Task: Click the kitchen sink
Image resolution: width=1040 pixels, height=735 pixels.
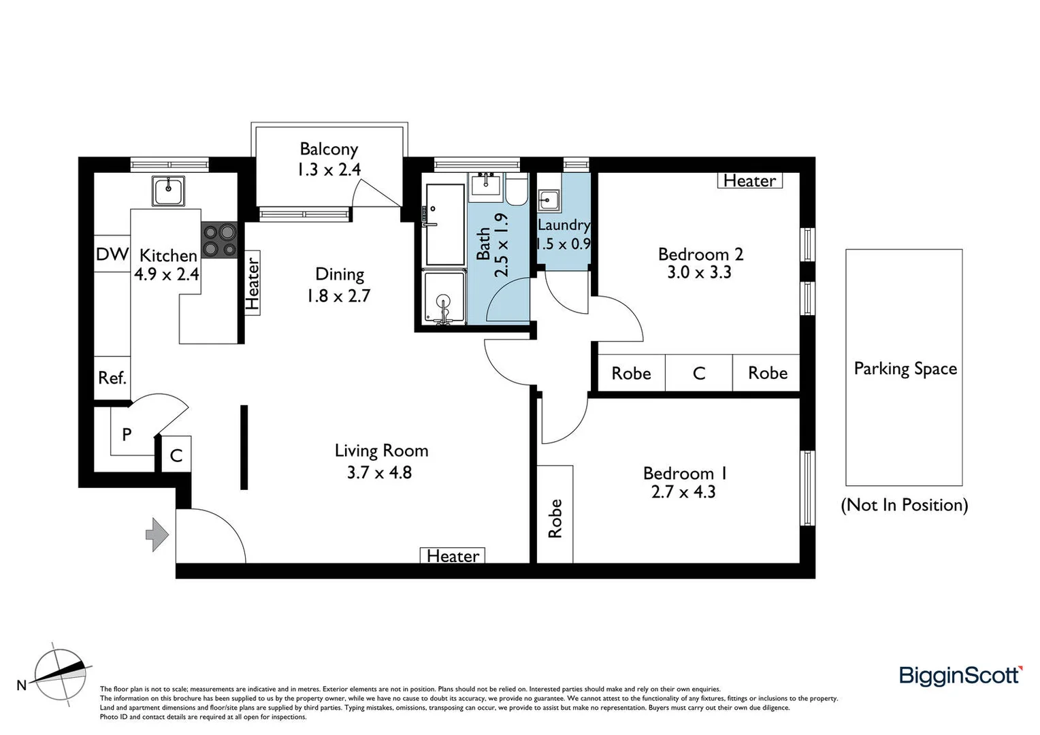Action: (x=168, y=191)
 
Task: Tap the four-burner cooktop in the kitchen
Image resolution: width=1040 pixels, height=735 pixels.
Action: (x=219, y=241)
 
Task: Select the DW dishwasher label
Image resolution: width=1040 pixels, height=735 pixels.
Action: (x=112, y=254)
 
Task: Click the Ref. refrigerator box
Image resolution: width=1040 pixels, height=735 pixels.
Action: (x=112, y=378)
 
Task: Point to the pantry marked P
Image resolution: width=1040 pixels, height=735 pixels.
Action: (x=127, y=434)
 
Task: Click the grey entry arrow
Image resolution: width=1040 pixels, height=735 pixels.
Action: (x=157, y=534)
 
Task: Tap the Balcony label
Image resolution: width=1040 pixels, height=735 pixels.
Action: (x=329, y=149)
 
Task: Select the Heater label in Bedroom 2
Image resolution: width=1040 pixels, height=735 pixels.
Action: (x=749, y=180)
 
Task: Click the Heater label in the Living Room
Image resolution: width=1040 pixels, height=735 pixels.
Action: (x=453, y=556)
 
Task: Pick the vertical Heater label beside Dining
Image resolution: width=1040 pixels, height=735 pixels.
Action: (x=253, y=283)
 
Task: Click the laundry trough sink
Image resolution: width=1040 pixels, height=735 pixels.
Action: (x=549, y=201)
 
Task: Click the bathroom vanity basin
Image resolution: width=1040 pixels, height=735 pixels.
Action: (x=486, y=184)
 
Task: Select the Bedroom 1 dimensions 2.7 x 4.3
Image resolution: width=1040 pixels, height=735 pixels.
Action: (x=683, y=492)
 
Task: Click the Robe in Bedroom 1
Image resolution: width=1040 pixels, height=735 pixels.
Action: (x=555, y=517)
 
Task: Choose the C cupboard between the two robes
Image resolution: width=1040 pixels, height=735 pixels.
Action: (x=698, y=373)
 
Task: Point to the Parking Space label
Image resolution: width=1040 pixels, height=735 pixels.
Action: (x=905, y=368)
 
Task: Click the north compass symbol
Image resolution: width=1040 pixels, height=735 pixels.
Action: (x=61, y=674)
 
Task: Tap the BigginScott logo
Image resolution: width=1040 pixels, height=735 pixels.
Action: (x=960, y=675)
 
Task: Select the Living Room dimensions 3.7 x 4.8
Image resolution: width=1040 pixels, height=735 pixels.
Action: (x=379, y=472)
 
